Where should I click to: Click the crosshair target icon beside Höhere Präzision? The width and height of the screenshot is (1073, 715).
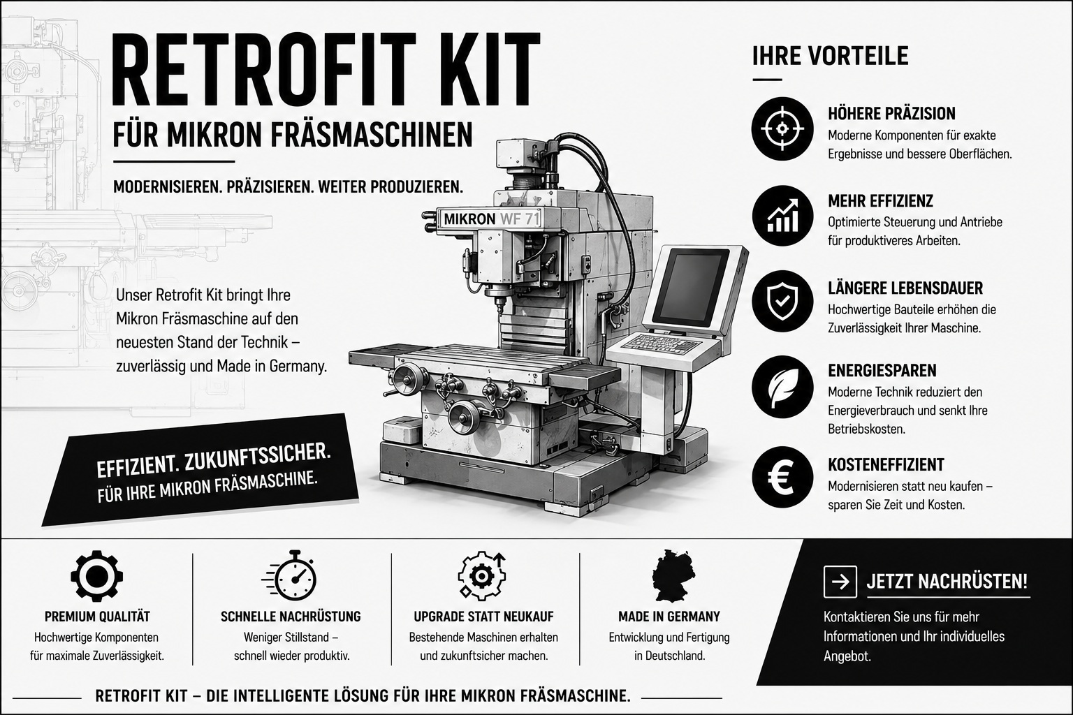tap(782, 128)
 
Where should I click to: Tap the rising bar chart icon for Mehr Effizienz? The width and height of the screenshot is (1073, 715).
tap(782, 216)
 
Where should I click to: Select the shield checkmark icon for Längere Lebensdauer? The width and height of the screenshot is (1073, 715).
tap(782, 301)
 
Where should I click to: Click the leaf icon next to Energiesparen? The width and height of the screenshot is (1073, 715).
tap(782, 387)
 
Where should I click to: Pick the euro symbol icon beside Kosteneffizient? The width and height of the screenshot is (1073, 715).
tap(782, 478)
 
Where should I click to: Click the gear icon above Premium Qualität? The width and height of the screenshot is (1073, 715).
tap(97, 575)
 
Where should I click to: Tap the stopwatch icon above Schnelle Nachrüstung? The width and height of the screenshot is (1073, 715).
tap(291, 575)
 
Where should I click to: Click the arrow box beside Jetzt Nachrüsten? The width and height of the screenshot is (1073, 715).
tap(840, 582)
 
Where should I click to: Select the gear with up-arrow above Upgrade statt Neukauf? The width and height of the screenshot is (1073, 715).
tap(481, 575)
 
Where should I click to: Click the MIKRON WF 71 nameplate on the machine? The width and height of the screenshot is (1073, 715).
tap(492, 219)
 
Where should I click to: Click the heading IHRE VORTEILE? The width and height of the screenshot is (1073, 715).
tap(830, 56)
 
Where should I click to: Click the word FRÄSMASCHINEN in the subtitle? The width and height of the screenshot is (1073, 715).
tap(372, 135)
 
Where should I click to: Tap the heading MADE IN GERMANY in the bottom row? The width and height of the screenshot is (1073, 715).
tap(669, 617)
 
